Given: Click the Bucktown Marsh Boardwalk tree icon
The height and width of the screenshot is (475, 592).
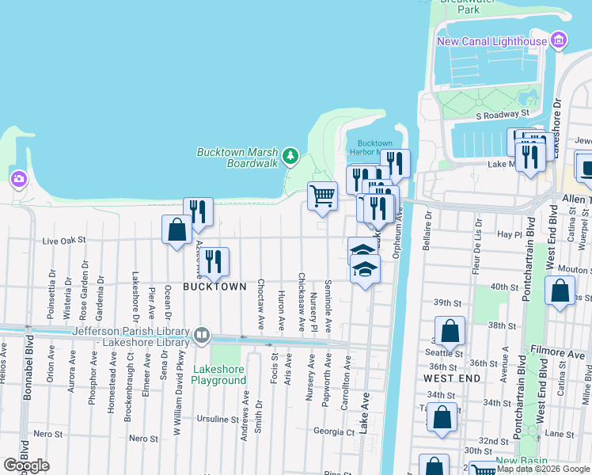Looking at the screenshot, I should pyautogui.click(x=291, y=156).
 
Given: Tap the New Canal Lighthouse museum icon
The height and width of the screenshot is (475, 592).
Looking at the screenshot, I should pyautogui.click(x=560, y=40).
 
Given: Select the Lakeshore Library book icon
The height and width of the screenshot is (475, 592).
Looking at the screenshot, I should pyautogui.click(x=202, y=336).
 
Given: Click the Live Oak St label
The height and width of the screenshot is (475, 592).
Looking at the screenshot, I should pyautogui.click(x=63, y=238).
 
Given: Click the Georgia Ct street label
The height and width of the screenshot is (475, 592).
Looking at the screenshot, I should pyautogui.click(x=333, y=431).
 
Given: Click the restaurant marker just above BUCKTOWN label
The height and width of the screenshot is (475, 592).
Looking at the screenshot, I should pyautogui.click(x=214, y=261).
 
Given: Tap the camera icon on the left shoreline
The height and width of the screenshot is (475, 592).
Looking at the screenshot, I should pyautogui.click(x=17, y=180).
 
